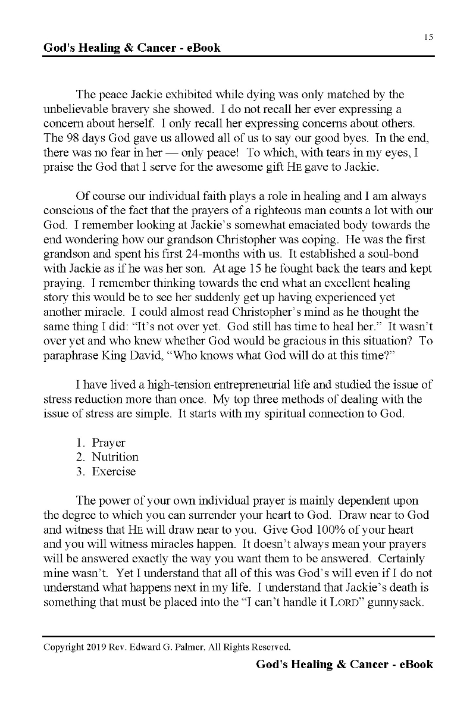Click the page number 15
tap(428, 37)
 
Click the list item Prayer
tap(108, 443)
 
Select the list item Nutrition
tap(115, 457)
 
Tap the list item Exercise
tap(114, 471)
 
